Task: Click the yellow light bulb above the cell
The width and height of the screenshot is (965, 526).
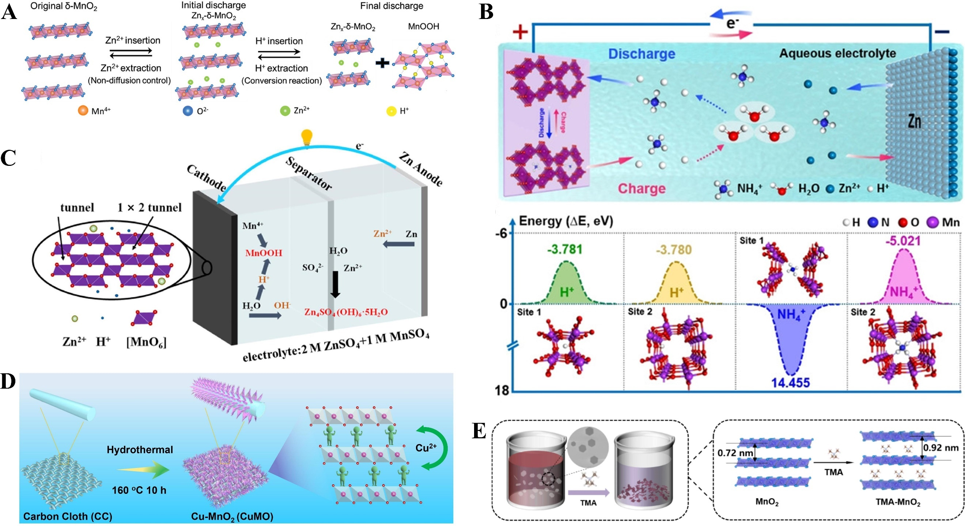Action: (x=307, y=137)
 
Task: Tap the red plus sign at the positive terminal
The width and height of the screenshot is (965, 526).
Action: (x=520, y=32)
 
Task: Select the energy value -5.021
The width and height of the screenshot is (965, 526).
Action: (x=903, y=241)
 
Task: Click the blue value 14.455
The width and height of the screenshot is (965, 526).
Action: (x=790, y=382)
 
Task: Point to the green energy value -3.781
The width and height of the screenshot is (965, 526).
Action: (x=564, y=249)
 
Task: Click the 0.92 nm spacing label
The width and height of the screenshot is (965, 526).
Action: (x=940, y=448)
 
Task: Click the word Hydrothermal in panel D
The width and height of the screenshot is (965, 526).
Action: (x=140, y=450)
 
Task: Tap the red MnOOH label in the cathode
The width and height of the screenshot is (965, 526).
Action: (x=263, y=253)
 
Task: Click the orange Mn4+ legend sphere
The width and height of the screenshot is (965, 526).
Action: (x=83, y=110)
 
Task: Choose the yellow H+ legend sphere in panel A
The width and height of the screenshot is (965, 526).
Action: (x=391, y=111)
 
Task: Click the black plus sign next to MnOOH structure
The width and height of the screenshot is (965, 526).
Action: (x=382, y=63)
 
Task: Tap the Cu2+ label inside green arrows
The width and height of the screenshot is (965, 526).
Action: (x=426, y=448)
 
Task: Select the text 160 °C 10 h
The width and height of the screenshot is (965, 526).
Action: (x=139, y=490)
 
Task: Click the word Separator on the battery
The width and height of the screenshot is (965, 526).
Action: (x=309, y=174)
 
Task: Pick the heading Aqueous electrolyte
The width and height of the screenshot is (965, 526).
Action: (x=837, y=54)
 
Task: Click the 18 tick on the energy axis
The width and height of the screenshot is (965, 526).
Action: (x=502, y=390)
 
